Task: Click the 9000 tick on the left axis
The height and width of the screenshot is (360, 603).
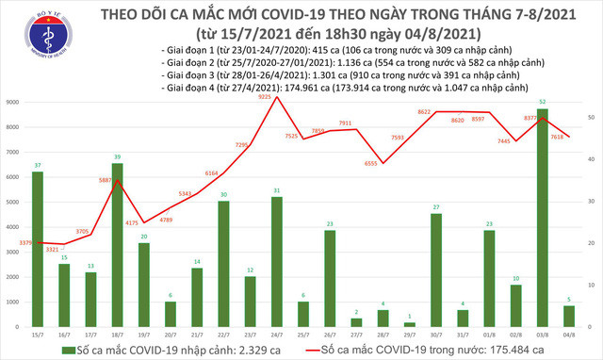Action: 15,102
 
